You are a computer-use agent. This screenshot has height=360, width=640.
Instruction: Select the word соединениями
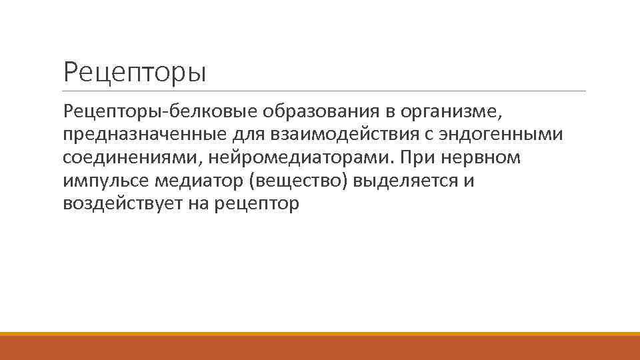coord(133,158)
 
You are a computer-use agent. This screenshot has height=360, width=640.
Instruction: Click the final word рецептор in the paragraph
coord(258,205)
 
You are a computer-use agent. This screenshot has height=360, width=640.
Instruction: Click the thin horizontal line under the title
coord(325,91)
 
